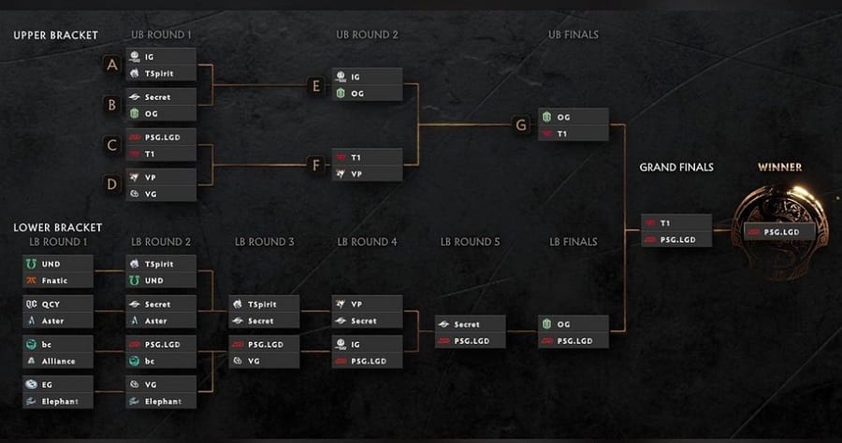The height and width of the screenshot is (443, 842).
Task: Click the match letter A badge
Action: click(111, 64)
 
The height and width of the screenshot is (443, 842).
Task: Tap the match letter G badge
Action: click(521, 125)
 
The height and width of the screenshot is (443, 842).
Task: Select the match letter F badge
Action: click(316, 165)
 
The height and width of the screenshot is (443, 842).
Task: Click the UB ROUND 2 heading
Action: click(368, 35)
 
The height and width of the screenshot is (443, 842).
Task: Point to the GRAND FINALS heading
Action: click(676, 167)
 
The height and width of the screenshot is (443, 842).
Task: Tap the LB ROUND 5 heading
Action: click(470, 242)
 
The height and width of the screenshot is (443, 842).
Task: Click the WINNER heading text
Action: click(779, 167)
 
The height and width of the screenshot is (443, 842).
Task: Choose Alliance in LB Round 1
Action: click(58, 361)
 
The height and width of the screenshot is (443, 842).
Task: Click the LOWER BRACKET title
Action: click(57, 227)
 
